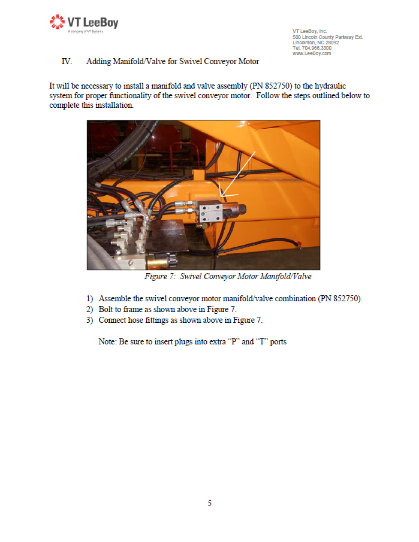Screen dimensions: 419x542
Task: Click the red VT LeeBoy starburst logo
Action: click(x=57, y=22)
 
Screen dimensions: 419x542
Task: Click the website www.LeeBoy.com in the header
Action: click(x=312, y=53)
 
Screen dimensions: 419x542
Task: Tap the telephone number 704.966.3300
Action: click(x=316, y=48)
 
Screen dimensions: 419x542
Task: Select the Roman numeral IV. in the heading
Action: click(x=67, y=62)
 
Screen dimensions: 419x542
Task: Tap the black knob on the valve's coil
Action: click(x=243, y=209)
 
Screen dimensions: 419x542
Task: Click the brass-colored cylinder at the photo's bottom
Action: click(x=158, y=261)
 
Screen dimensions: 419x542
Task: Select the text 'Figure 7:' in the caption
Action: click(x=160, y=277)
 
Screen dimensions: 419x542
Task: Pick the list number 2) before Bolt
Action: click(x=90, y=310)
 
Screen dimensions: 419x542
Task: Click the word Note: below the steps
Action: click(x=108, y=342)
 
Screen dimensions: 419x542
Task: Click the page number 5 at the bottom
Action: click(x=210, y=503)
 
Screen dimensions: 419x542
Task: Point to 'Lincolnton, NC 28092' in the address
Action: click(x=315, y=43)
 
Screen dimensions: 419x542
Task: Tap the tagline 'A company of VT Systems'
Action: click(x=86, y=32)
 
